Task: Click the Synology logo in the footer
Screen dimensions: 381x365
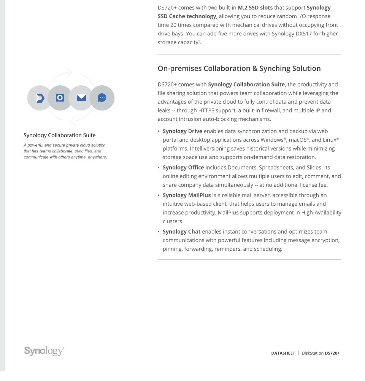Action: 44,351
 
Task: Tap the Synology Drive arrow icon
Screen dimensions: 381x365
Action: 40,98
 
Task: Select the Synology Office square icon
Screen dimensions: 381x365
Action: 60,98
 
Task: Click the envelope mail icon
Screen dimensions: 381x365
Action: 81,98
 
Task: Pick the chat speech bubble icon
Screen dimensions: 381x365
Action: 102,98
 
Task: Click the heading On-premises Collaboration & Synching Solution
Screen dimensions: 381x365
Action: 239,69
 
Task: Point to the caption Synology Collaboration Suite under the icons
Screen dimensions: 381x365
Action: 60,135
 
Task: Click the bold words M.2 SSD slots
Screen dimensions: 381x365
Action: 255,8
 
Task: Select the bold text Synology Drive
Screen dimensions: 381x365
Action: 182,131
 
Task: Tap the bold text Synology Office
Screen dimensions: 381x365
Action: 183,168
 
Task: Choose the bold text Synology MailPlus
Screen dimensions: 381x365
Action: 186,195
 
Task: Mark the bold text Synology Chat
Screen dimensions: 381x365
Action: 181,232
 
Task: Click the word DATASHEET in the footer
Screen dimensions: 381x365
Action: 283,353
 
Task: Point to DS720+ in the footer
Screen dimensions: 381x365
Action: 332,353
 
